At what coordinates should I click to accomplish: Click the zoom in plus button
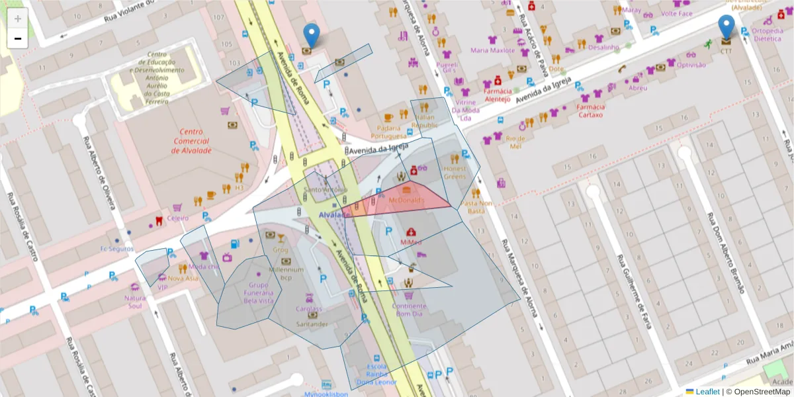18,19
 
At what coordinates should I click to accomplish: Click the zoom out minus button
18,38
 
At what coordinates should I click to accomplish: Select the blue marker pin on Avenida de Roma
311,35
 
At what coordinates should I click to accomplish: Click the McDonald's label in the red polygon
406,199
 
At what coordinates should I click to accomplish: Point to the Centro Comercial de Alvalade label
191,141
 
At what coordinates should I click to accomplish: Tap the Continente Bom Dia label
409,310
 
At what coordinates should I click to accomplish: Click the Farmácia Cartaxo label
592,110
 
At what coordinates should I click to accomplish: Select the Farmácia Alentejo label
497,95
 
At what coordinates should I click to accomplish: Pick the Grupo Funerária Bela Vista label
258,292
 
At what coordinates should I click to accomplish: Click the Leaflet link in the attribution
707,392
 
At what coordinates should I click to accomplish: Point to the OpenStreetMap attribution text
758,392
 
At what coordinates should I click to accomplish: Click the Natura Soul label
134,302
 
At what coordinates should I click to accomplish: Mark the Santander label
312,324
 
